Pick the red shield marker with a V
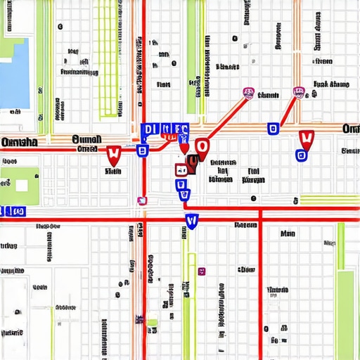click(306, 139)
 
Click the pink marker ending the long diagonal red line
click(247, 92)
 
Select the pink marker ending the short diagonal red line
click(299, 92)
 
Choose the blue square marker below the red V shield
click(302, 155)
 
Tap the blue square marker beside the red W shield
click(142, 150)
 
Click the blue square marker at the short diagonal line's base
click(273, 128)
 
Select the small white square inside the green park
click(22, 186)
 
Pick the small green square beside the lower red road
click(153, 323)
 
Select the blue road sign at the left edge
click(13, 211)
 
